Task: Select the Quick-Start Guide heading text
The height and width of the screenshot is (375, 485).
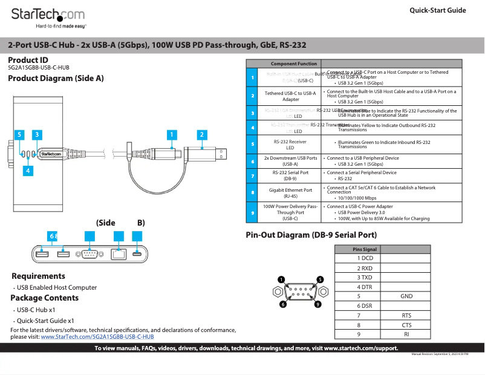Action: [x=438, y=10]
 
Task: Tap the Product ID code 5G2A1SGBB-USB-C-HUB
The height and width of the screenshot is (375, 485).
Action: [x=39, y=68]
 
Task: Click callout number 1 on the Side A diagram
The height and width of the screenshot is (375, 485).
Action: [x=172, y=135]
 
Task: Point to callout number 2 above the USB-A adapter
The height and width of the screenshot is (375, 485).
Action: [x=202, y=135]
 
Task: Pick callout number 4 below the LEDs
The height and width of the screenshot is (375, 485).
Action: [x=27, y=171]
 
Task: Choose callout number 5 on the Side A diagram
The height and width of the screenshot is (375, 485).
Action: [x=20, y=135]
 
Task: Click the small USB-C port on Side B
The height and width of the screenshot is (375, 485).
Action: [x=138, y=253]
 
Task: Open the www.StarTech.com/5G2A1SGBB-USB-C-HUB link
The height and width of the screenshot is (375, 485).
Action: [x=97, y=336]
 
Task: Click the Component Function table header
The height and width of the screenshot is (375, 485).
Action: [x=294, y=64]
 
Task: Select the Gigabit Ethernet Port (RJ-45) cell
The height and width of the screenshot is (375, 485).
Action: [x=291, y=193]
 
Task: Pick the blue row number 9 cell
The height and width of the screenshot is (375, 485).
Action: [x=252, y=212]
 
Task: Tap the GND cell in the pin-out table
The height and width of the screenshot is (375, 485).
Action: [x=406, y=296]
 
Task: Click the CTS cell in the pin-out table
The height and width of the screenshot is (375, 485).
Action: [x=406, y=325]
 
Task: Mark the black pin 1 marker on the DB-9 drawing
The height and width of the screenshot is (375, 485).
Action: [x=281, y=279]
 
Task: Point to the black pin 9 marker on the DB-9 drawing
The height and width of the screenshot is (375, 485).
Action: [x=317, y=304]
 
